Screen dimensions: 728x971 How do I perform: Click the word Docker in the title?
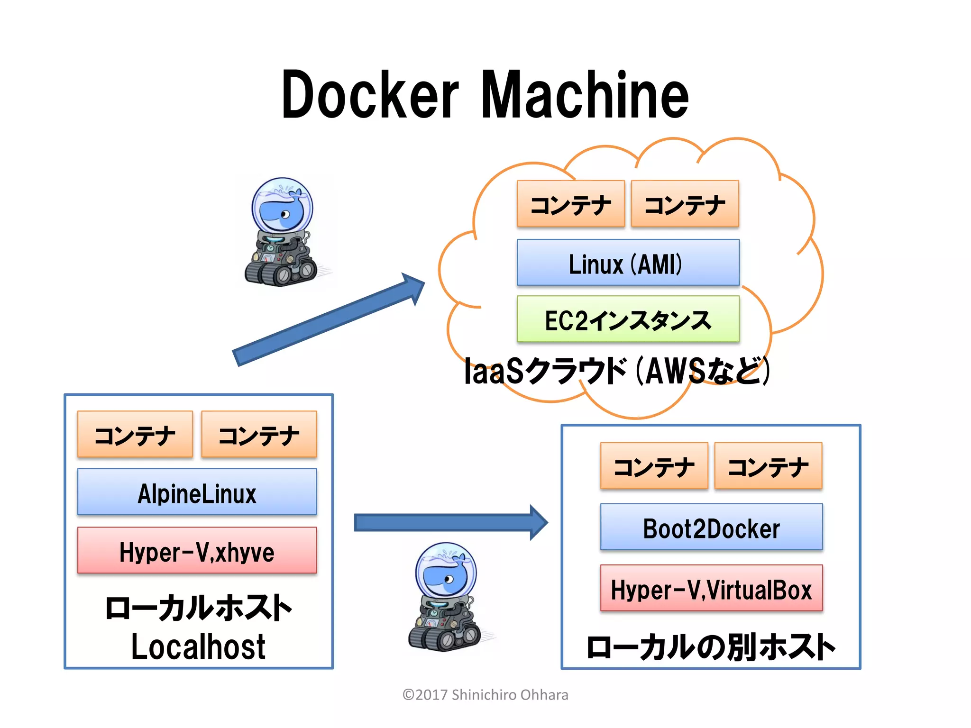click(x=370, y=95)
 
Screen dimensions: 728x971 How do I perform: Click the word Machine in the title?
click(x=585, y=95)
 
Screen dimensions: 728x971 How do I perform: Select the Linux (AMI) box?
click(x=628, y=263)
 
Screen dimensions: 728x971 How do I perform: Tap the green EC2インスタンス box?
click(x=628, y=319)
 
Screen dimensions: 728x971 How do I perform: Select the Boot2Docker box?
click(x=711, y=527)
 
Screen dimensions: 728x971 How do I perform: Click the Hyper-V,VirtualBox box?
click(x=711, y=588)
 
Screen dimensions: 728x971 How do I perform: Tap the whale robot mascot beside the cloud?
click(x=283, y=232)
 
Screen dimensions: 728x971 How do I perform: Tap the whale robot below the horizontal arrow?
click(x=446, y=597)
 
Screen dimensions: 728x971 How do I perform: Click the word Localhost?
click(x=198, y=647)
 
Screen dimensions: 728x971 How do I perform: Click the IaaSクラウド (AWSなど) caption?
click(x=616, y=371)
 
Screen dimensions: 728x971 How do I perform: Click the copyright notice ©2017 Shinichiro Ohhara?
click(x=485, y=695)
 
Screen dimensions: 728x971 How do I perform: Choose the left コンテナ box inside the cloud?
click(x=571, y=204)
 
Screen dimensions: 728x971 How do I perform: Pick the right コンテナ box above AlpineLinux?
click(x=259, y=434)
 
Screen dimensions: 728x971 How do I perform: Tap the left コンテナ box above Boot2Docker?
click(x=654, y=466)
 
